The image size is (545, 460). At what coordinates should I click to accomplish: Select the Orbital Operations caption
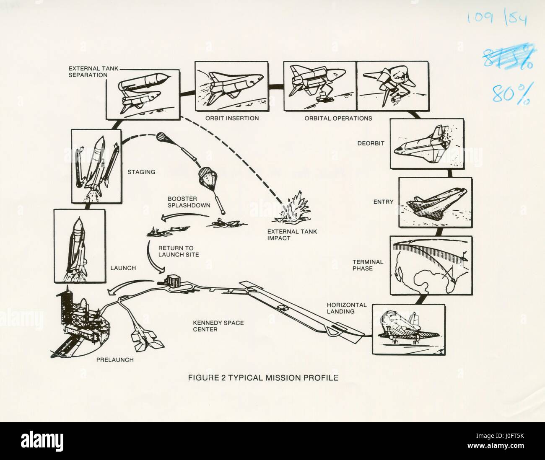click(338, 119)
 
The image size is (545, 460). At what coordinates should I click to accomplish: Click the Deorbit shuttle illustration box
click(421, 143)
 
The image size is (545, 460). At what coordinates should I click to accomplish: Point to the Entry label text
click(383, 202)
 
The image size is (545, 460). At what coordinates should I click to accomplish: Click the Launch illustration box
click(79, 246)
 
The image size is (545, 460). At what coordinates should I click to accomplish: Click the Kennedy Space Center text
click(218, 326)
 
